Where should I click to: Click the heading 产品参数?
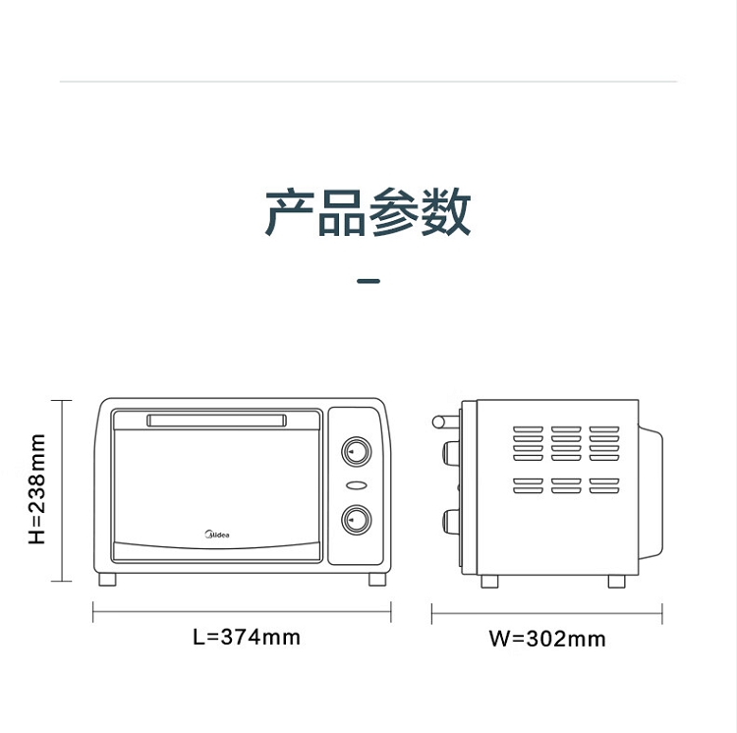point(368,212)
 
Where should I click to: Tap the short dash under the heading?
point(368,281)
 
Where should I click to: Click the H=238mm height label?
point(37,489)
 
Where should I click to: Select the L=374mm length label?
point(247,638)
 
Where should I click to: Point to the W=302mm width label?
point(547,639)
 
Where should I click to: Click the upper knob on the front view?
point(357,452)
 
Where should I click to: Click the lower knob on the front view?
point(357,520)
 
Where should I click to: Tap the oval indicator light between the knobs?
point(357,485)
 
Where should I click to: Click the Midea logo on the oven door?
point(217,535)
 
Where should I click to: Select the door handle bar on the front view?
point(217,421)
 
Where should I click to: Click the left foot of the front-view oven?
point(107,580)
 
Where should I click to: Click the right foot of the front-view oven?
point(377,580)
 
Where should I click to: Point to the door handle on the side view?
point(445,422)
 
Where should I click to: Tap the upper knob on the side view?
point(451,453)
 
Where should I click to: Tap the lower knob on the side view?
point(451,522)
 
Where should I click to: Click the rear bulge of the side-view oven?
point(651,492)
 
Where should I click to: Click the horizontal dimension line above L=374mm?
point(242,612)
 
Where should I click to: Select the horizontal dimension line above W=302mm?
point(547,614)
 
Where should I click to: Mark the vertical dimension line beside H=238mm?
point(62,490)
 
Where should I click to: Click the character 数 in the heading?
point(445,212)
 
